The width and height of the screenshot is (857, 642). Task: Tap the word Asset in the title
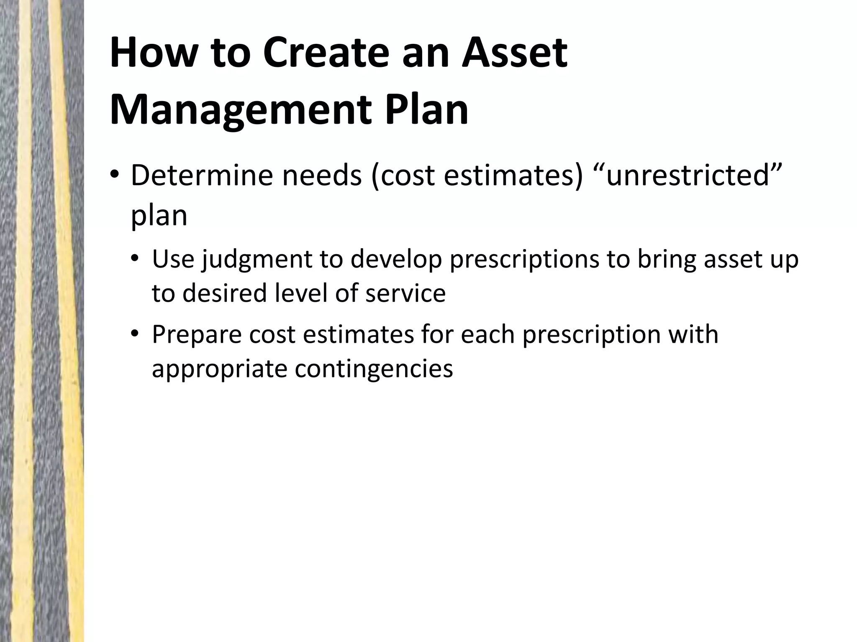(x=514, y=53)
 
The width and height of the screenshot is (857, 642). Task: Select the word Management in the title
(x=240, y=110)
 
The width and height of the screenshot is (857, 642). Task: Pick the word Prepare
(x=197, y=335)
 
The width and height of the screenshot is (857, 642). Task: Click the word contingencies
(x=374, y=369)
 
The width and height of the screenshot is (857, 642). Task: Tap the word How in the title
(x=153, y=53)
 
